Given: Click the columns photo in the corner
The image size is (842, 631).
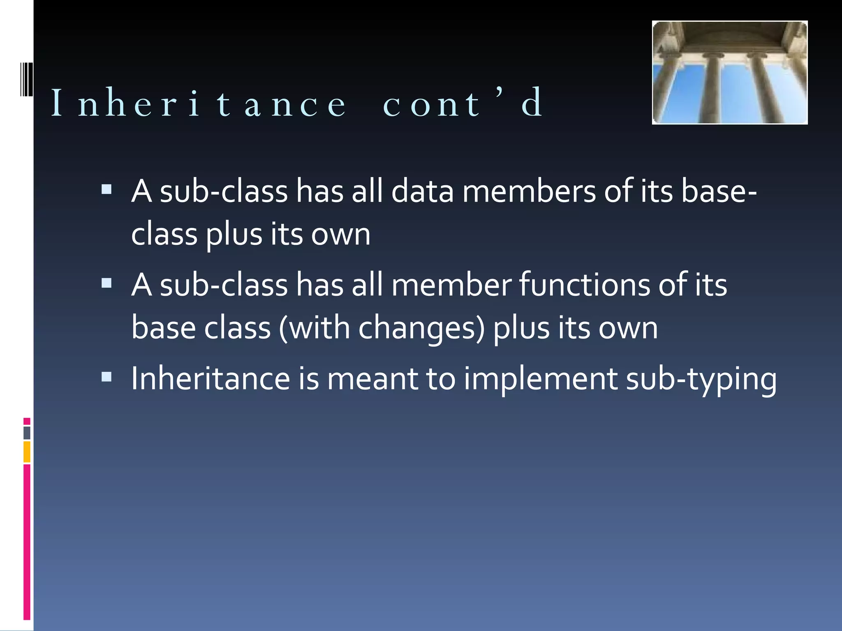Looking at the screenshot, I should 730,73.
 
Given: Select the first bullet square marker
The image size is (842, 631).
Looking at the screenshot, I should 106,189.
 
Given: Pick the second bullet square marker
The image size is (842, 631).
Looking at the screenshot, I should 106,283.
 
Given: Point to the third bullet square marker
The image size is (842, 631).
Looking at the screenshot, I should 106,377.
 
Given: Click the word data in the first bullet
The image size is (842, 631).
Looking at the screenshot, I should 422,191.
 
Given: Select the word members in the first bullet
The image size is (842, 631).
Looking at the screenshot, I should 529,191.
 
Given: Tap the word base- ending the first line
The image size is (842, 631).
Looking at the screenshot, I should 719,191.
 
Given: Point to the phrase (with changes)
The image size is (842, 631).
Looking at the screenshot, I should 382,328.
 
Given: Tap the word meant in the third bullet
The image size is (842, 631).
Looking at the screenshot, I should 372,378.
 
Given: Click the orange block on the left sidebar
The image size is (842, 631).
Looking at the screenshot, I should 27,452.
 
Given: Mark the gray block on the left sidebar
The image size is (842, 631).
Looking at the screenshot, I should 27,433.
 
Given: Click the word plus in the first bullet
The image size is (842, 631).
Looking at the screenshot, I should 234,235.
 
